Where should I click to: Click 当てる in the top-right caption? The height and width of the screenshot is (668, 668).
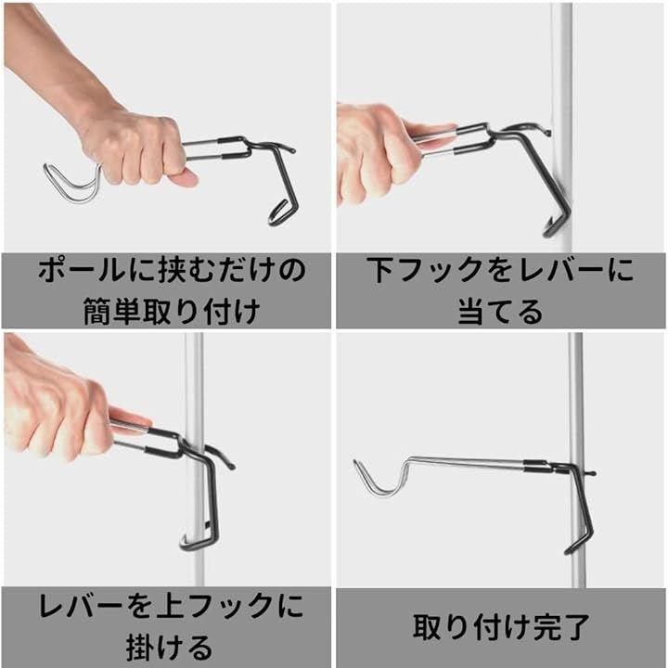500,312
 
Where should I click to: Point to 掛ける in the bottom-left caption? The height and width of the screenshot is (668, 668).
169,648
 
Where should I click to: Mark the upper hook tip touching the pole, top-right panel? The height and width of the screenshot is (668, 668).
547,133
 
